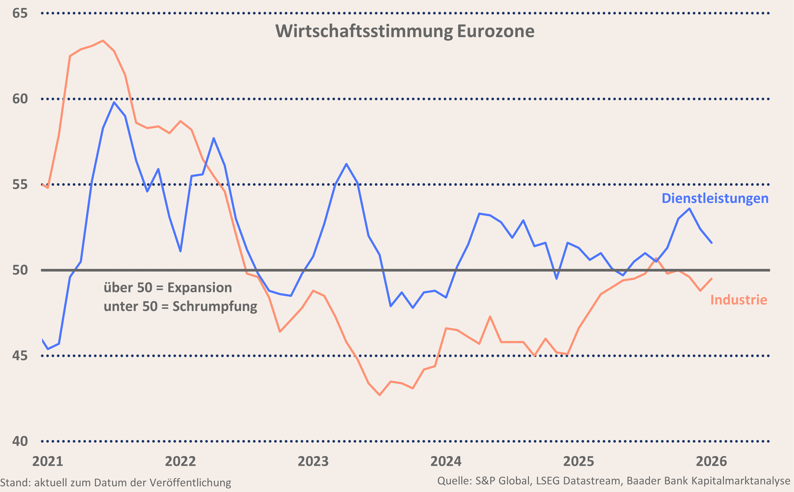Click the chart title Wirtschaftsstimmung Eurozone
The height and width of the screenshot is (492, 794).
pos(405,32)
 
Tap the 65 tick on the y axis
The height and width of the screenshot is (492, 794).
pos(20,13)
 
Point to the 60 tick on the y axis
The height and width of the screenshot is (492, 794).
pos(20,99)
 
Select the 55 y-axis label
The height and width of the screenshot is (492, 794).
pos(20,185)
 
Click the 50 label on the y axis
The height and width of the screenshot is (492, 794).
pos(20,270)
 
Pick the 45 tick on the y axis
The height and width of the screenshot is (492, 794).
pos(20,356)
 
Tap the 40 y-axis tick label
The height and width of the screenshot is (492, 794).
pos(20,441)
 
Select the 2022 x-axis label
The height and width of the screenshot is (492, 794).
pos(181,461)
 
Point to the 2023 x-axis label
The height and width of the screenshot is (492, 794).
pos(313,461)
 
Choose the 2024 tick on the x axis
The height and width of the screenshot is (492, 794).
pos(446,461)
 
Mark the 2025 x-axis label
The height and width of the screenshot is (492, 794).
pos(579,461)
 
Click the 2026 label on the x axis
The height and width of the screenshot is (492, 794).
pos(711,461)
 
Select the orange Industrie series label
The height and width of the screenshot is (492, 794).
pos(739,300)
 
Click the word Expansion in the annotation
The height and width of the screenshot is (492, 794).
pos(200,288)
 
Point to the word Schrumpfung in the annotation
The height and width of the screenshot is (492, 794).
pos(215,306)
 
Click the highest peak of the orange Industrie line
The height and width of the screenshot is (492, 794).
pos(103,41)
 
